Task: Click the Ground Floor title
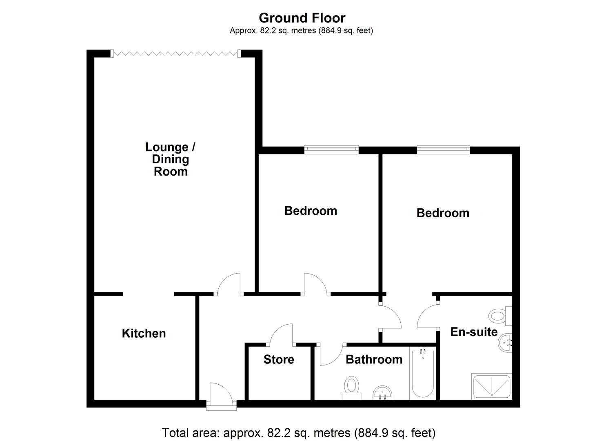click(302, 18)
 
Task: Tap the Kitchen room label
click(144, 333)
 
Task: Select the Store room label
click(279, 359)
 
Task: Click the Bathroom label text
click(374, 359)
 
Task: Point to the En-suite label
click(474, 332)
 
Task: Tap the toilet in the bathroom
click(351, 387)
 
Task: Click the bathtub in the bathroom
click(423, 373)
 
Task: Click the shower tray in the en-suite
click(491, 386)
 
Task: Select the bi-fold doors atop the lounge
click(175, 53)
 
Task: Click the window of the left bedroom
click(331, 149)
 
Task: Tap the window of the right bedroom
click(443, 149)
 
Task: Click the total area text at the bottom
click(299, 432)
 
